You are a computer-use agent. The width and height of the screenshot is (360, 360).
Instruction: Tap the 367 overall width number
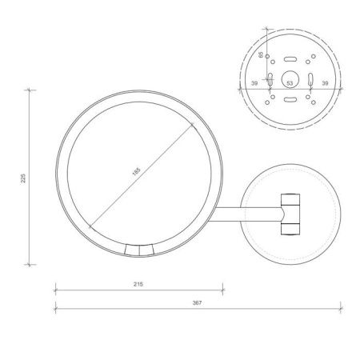(198, 302)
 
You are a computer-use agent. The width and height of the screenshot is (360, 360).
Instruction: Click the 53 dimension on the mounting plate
(290, 82)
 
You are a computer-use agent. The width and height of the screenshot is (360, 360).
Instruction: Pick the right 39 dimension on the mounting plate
(324, 82)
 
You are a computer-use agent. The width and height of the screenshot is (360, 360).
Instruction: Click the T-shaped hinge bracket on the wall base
(290, 213)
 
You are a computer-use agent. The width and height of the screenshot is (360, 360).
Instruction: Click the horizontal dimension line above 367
(198, 309)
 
